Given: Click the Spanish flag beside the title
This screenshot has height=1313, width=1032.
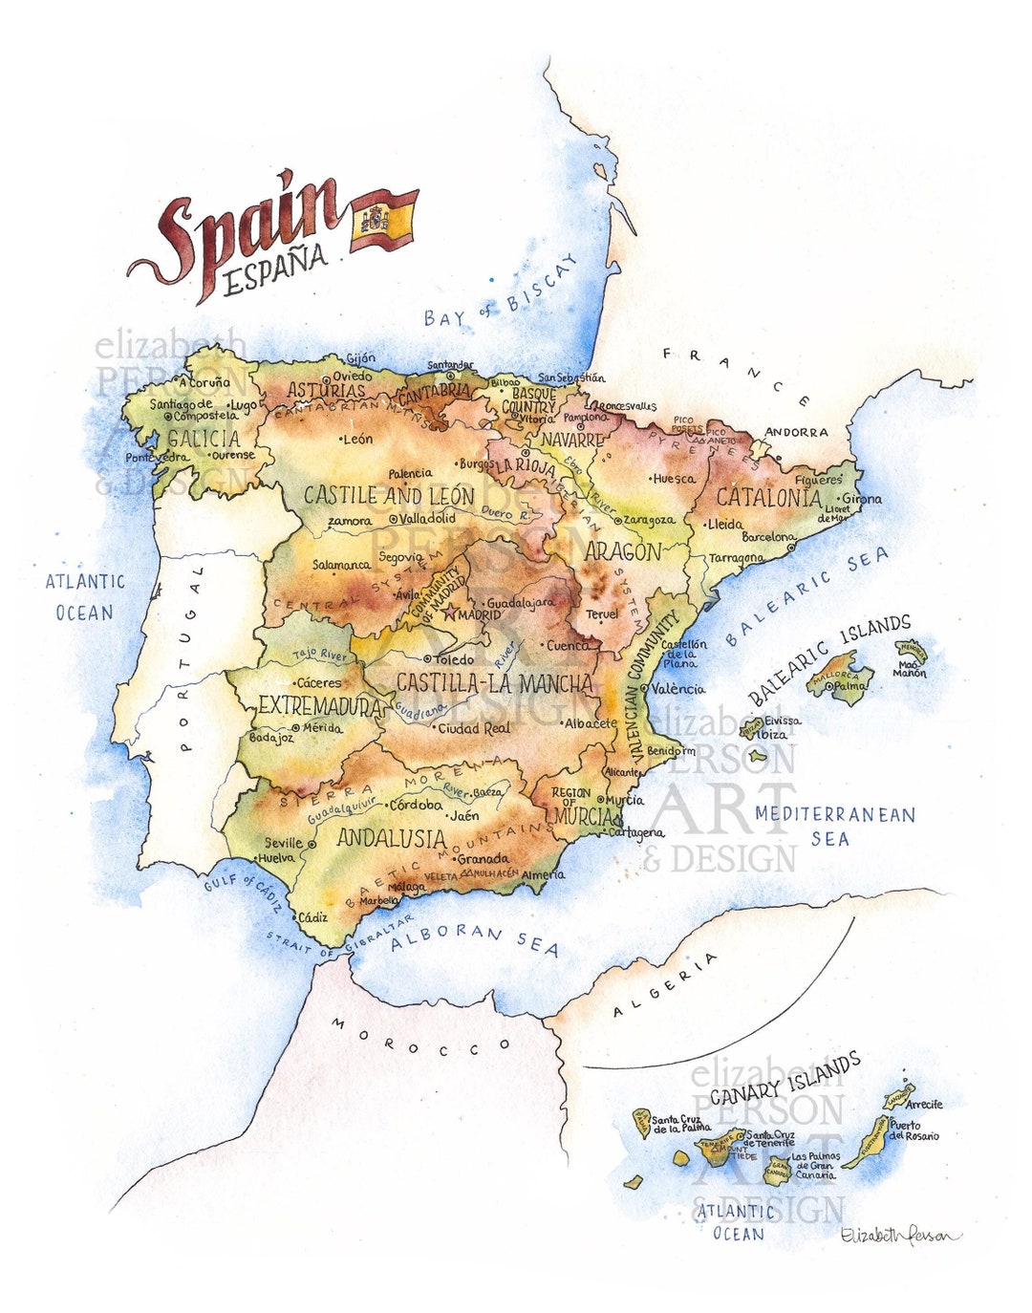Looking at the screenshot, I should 384,220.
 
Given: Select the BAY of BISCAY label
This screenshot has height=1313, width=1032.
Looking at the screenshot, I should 502,291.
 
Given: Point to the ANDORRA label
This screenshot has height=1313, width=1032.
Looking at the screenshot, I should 796,432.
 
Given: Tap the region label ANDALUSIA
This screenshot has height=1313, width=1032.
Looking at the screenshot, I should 391,839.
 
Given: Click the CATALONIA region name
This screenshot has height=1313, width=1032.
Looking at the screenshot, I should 768,497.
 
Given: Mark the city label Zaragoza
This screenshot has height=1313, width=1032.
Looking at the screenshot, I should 649,520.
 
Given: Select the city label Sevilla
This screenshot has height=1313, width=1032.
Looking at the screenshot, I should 284,843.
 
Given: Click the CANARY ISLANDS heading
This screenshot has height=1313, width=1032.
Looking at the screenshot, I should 785,1078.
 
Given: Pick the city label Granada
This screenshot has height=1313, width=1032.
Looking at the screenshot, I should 483,858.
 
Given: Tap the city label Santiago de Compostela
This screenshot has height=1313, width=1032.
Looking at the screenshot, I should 193,410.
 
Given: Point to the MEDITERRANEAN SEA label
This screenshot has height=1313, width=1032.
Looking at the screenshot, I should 834,826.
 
